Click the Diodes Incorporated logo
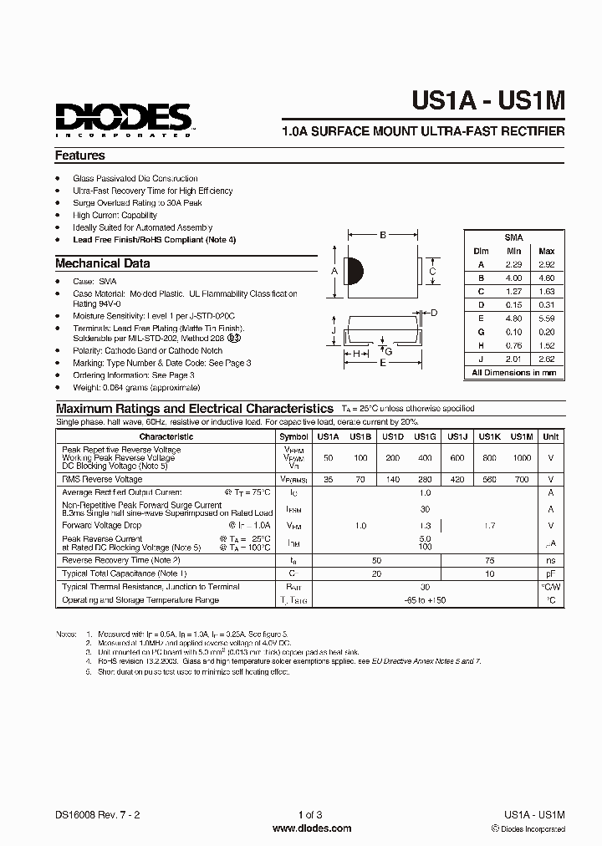124,119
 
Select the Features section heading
80,155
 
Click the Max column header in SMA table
546,251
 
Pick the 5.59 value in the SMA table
546,318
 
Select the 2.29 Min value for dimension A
513,264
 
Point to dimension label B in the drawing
383,236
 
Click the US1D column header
393,436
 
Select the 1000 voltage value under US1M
521,459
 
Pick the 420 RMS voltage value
457,480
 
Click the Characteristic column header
166,436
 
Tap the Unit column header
551,436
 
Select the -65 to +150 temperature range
425,600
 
